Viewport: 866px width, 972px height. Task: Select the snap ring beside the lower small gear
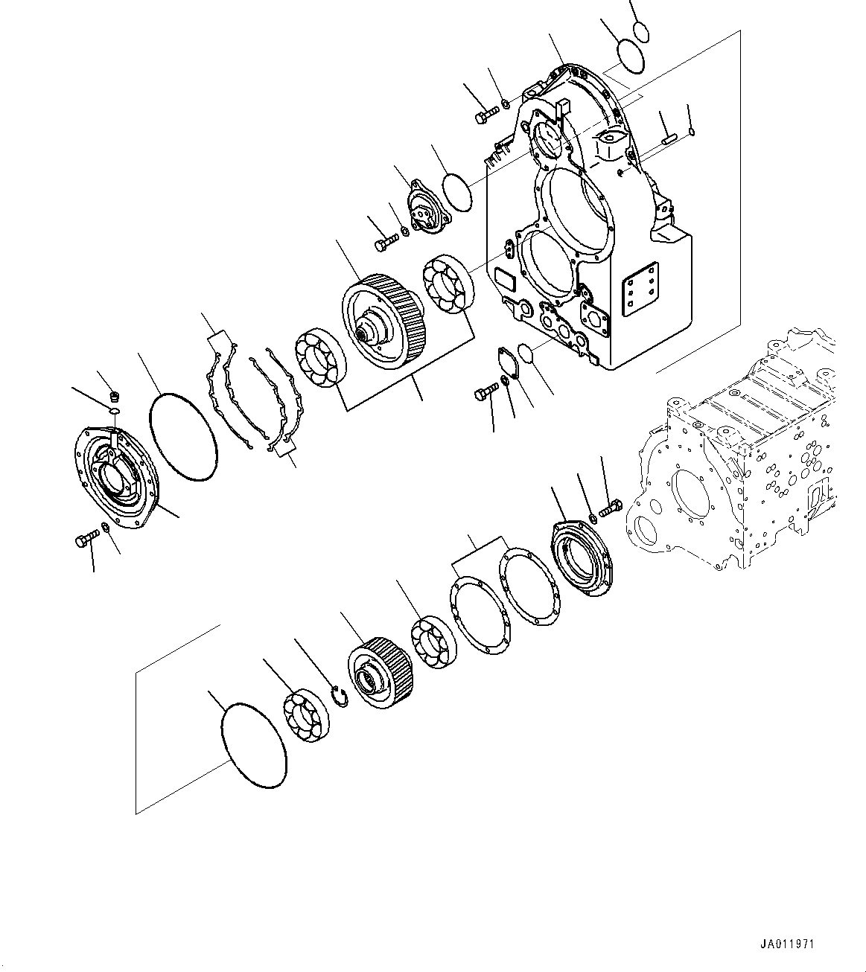click(x=339, y=698)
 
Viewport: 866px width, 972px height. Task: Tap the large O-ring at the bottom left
click(x=254, y=744)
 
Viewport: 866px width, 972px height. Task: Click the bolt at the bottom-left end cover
click(x=86, y=540)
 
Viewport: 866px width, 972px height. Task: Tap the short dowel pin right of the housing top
click(x=667, y=137)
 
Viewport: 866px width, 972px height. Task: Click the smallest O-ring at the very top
click(x=642, y=31)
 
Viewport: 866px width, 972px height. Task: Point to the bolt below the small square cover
click(x=486, y=392)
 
